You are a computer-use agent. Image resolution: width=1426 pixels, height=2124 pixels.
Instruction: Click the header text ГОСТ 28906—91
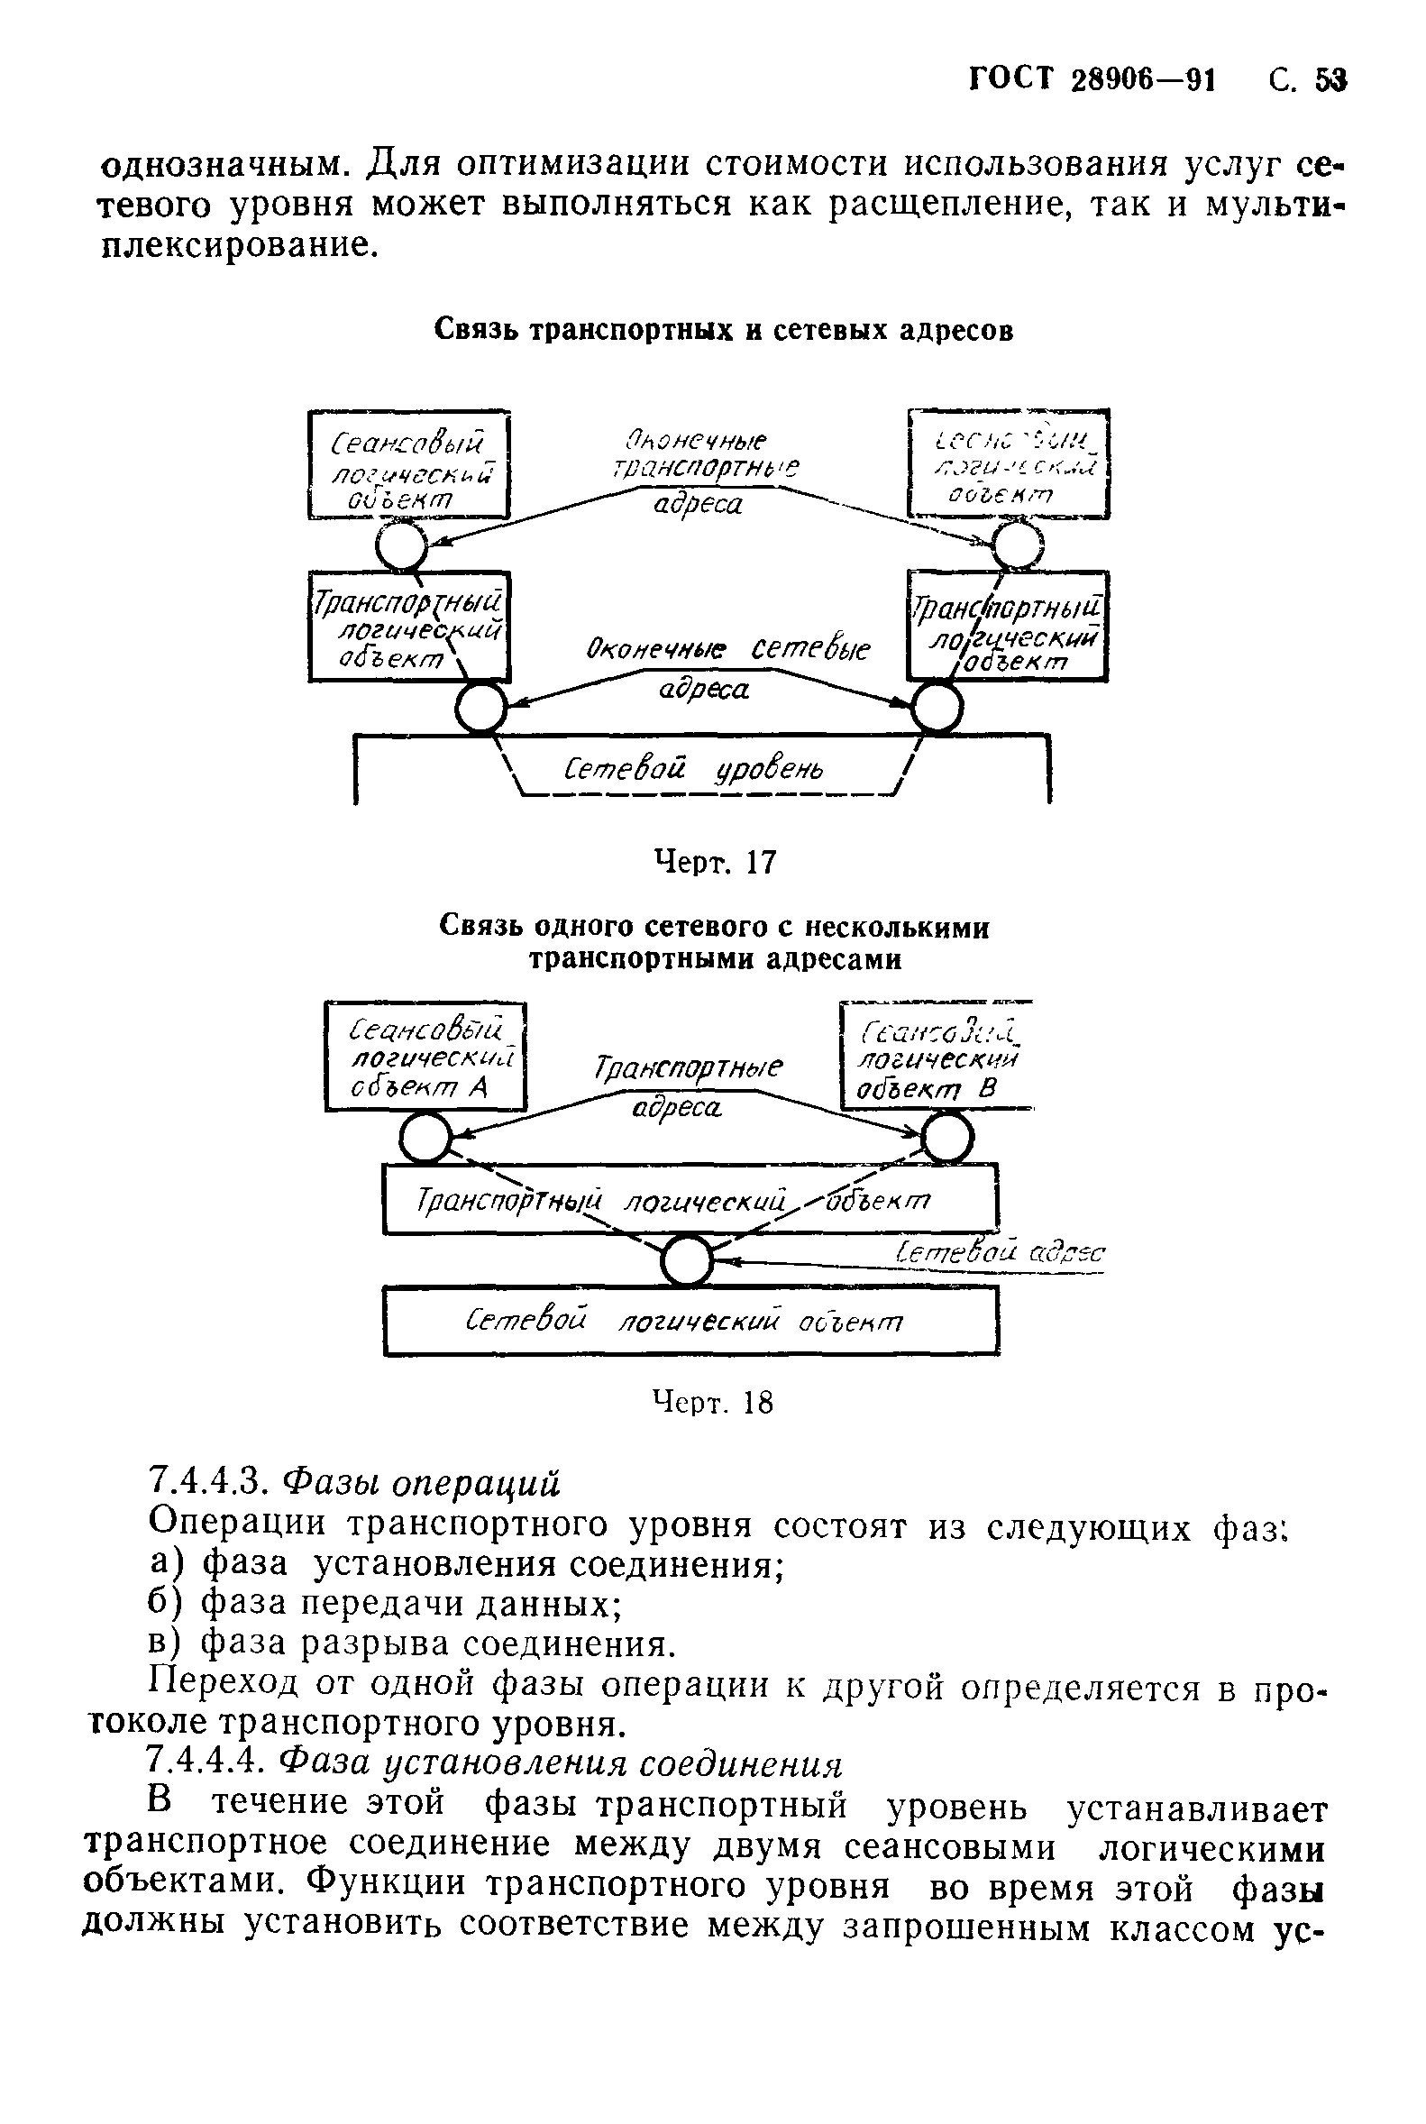click(x=1092, y=81)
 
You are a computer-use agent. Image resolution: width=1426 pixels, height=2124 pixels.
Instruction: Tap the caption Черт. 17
click(x=716, y=862)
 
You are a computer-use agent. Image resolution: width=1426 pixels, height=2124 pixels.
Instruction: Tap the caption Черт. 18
click(x=713, y=1403)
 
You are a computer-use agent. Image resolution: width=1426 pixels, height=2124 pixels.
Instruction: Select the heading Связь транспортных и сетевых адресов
click(x=723, y=329)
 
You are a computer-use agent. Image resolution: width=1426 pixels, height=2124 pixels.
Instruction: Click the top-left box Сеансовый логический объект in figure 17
click(x=409, y=465)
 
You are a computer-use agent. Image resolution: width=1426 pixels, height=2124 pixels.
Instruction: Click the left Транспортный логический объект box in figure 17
click(x=409, y=627)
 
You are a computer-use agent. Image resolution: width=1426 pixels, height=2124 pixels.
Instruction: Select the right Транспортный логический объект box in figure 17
click(x=1008, y=627)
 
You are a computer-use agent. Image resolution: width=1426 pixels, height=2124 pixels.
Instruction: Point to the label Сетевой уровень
click(x=694, y=772)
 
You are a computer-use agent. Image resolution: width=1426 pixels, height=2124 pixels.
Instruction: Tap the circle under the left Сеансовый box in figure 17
click(x=402, y=545)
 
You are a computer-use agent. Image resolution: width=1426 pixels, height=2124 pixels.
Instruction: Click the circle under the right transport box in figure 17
click(x=937, y=707)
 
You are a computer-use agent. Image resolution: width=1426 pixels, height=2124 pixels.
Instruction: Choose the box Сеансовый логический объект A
click(x=425, y=1057)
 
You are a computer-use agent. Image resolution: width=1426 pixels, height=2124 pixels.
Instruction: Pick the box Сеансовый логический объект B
click(x=937, y=1057)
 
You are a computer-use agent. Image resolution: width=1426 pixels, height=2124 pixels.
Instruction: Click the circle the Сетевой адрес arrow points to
click(x=686, y=1260)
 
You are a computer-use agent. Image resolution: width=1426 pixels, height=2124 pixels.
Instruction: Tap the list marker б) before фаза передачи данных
click(x=165, y=1603)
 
